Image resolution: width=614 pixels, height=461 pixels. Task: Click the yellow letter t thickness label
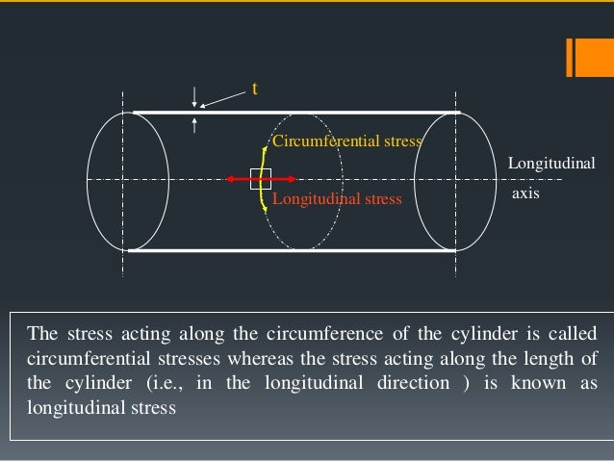255,89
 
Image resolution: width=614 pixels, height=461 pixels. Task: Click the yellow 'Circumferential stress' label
347,141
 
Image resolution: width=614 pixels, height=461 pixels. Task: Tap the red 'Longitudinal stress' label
337,199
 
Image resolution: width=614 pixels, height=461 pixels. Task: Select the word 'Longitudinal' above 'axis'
551,165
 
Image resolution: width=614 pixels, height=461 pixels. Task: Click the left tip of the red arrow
228,179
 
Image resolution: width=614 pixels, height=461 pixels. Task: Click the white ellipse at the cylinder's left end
115,180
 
